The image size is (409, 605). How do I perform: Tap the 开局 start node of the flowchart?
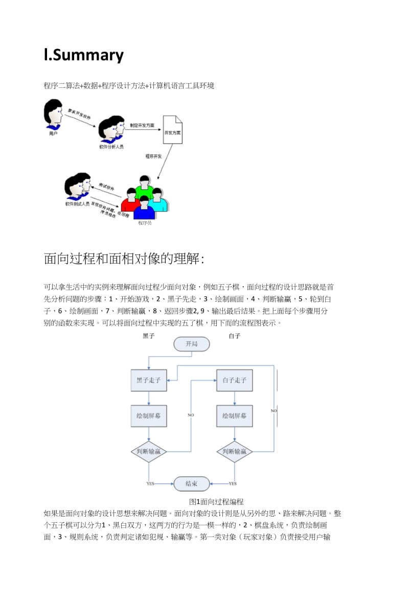point(191,344)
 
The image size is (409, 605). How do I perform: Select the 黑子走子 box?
point(148,381)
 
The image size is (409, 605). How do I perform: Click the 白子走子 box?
point(234,381)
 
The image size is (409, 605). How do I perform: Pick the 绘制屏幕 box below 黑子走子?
point(148,416)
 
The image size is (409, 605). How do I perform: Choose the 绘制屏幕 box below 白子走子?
point(234,416)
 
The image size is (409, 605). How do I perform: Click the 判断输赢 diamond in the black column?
point(148,452)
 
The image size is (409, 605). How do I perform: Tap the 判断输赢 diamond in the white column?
point(234,452)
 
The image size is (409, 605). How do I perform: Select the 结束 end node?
point(191,483)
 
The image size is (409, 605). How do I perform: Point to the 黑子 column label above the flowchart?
point(148,336)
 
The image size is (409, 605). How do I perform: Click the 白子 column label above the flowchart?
point(234,336)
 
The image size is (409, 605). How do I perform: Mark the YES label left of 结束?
point(150,483)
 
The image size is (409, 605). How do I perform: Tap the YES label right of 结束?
point(232,483)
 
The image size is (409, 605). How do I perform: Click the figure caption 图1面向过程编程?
point(216,502)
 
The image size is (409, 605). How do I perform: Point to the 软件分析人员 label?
point(111,147)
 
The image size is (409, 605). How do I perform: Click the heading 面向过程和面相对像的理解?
point(124,259)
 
